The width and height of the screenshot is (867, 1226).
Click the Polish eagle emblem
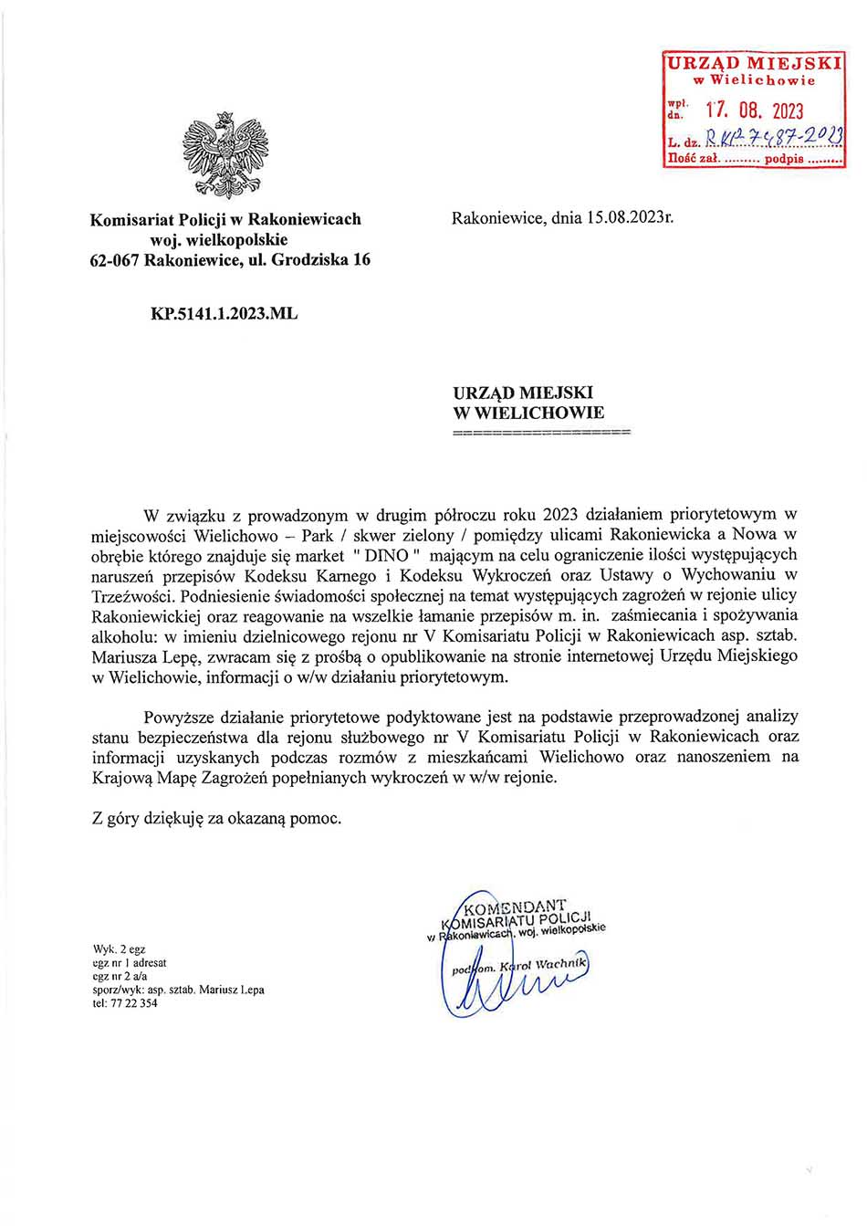pos(225,155)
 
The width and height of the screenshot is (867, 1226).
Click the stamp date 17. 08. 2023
pos(755,111)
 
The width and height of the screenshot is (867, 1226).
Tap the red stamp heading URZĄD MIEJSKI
pos(754,63)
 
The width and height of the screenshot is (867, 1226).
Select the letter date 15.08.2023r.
pos(630,218)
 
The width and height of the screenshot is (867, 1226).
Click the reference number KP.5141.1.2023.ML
pos(224,313)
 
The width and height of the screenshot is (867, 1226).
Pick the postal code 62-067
pos(114,259)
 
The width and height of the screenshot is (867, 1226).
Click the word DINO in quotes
pos(386,555)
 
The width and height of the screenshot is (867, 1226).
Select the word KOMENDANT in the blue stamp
pos(515,907)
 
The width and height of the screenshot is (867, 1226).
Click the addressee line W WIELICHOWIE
pos(528,413)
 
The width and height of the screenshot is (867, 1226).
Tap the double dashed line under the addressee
pos(541,431)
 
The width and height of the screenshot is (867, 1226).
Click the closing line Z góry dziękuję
pos(216,818)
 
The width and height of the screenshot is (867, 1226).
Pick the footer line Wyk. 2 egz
pos(119,949)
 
